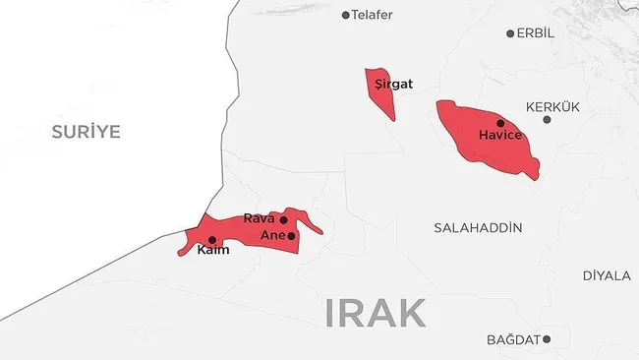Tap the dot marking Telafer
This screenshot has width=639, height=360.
pyautogui.click(x=345, y=15)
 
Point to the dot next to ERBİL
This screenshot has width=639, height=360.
pyautogui.click(x=510, y=33)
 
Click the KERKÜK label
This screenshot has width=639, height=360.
pyautogui.click(x=553, y=106)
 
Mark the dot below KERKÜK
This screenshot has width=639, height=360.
pyautogui.click(x=548, y=120)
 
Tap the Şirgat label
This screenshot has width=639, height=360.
pyautogui.click(x=394, y=85)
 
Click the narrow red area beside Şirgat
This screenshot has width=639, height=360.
pyautogui.click(x=378, y=96)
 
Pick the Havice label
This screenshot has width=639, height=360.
pyautogui.click(x=499, y=136)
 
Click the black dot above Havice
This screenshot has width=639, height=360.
pyautogui.click(x=500, y=123)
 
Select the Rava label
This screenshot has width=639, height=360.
pyautogui.click(x=259, y=218)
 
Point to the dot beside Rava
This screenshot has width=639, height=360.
pyautogui.click(x=284, y=219)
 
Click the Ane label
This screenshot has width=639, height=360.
pyautogui.click(x=272, y=236)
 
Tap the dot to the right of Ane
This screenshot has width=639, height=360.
pyautogui.click(x=291, y=236)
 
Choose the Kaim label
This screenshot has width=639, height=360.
pyautogui.click(x=213, y=251)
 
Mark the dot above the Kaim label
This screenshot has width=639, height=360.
pyautogui.click(x=212, y=239)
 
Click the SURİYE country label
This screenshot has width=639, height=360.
pyautogui.click(x=87, y=132)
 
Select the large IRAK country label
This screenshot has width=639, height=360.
pyautogui.click(x=376, y=314)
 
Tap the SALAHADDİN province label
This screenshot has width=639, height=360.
pyautogui.click(x=478, y=228)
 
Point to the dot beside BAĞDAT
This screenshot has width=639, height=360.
pyautogui.click(x=548, y=339)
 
